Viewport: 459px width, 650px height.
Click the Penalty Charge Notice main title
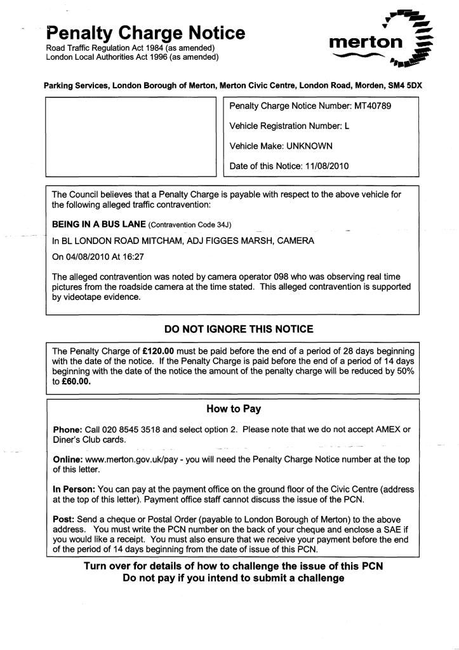(x=145, y=32)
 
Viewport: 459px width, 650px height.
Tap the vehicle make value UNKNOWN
(x=309, y=146)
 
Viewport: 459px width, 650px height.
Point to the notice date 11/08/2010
(x=326, y=166)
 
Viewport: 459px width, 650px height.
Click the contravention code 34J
(x=223, y=225)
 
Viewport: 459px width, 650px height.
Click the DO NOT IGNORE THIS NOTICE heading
(x=239, y=329)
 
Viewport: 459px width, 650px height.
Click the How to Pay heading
(x=234, y=409)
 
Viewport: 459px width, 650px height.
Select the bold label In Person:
(x=74, y=489)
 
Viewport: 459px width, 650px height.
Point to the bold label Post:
(x=63, y=519)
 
